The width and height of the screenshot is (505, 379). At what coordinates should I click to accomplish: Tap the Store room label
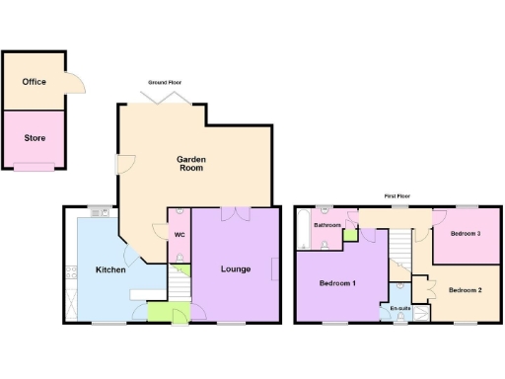(35, 137)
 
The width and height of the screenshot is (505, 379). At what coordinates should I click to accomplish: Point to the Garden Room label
(190, 163)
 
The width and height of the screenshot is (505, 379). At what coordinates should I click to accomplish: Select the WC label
(180, 235)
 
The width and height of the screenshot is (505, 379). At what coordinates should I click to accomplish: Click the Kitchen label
(109, 269)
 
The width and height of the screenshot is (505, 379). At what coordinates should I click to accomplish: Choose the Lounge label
(236, 268)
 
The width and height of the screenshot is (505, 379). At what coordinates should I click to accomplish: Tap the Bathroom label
(327, 225)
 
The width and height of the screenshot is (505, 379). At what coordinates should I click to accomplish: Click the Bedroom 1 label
(338, 283)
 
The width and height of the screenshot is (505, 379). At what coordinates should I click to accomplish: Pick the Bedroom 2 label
(465, 290)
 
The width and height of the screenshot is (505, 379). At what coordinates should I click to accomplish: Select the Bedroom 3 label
(465, 234)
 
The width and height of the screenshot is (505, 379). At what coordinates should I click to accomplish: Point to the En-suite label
(399, 308)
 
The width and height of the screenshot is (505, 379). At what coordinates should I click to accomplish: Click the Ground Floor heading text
(165, 82)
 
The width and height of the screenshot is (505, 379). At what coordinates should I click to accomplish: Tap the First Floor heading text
(397, 196)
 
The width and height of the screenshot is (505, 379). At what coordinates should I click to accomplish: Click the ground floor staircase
(179, 288)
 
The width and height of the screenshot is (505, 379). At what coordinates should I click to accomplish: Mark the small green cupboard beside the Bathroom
(349, 235)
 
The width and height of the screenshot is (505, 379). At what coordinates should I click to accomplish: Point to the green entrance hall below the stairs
(158, 314)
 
